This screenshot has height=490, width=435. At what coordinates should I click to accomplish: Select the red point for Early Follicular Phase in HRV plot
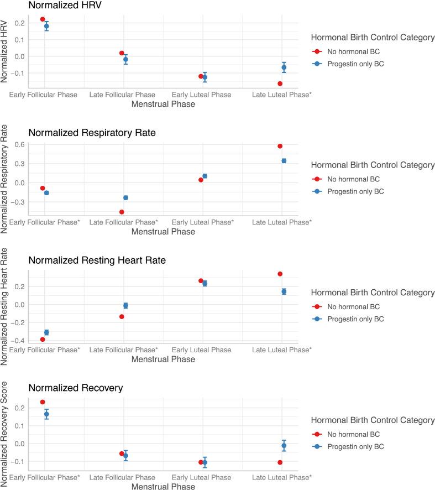[x=43, y=19]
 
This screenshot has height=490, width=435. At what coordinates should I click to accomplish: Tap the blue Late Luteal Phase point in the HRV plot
[x=284, y=67]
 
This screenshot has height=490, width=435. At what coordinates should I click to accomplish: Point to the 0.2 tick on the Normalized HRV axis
[x=19, y=23]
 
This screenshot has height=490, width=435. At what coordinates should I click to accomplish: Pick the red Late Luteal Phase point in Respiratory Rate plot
[x=280, y=146]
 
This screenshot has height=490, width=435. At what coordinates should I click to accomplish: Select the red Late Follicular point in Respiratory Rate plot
[x=122, y=212]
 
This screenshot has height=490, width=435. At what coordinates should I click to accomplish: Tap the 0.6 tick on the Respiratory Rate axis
[x=19, y=144]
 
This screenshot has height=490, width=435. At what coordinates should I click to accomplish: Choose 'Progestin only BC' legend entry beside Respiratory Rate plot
[x=357, y=191]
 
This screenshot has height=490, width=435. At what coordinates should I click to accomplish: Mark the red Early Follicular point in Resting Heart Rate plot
[x=43, y=339]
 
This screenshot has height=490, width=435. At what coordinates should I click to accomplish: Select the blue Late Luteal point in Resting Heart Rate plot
[x=284, y=291]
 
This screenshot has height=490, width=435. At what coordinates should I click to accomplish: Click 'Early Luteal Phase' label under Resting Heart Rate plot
[x=202, y=350]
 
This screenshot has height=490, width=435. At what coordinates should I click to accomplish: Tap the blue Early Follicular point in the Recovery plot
[x=46, y=414]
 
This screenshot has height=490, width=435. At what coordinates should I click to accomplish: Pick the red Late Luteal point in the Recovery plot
[x=280, y=462]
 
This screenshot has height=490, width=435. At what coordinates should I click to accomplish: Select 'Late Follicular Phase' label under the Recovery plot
[x=122, y=477]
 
